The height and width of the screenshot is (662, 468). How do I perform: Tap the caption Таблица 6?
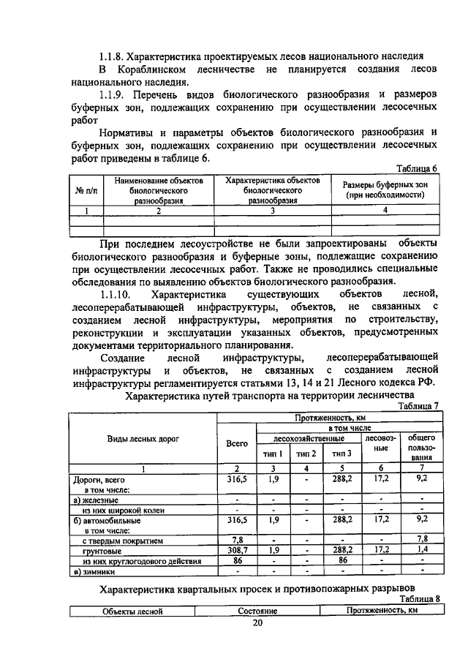[x=417, y=168]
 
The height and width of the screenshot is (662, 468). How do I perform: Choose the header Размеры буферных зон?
[x=386, y=190]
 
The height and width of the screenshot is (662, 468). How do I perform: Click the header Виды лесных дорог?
[x=142, y=439]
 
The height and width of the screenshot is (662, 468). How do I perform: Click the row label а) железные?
[x=97, y=500]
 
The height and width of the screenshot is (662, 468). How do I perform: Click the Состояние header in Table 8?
[x=257, y=610]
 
